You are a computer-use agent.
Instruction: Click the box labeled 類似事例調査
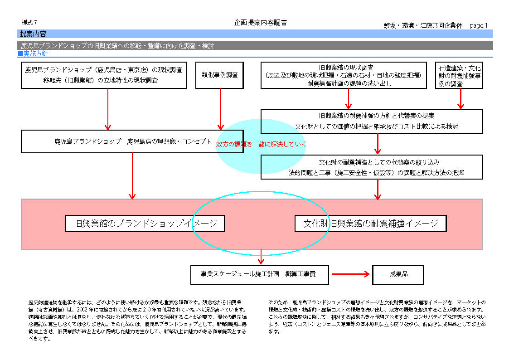click(x=220, y=75)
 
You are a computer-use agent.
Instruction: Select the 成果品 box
click(x=398, y=275)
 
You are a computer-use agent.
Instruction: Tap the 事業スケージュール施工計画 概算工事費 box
click(x=259, y=275)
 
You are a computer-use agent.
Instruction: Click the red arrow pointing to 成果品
click(x=351, y=274)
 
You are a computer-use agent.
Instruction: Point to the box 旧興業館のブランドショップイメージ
click(x=145, y=224)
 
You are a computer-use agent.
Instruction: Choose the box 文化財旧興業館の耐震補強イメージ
click(x=370, y=224)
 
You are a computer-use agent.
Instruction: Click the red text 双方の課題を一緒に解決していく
click(x=261, y=145)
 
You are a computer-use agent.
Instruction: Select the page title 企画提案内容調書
click(x=260, y=23)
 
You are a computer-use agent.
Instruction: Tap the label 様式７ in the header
click(x=29, y=22)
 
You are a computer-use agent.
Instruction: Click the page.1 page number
click(x=478, y=26)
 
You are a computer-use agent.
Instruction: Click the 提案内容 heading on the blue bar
click(x=34, y=34)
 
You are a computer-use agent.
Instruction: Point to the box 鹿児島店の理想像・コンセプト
click(x=132, y=141)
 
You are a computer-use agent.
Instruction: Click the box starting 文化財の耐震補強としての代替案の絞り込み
click(x=372, y=167)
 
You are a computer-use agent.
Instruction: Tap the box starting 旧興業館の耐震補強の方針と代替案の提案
click(x=372, y=121)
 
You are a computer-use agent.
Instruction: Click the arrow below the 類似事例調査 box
click(x=221, y=109)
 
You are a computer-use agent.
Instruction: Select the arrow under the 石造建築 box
click(x=461, y=98)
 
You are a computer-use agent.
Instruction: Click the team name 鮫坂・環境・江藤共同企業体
click(x=423, y=26)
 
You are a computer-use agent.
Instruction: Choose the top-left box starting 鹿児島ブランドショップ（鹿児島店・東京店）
click(x=104, y=75)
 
